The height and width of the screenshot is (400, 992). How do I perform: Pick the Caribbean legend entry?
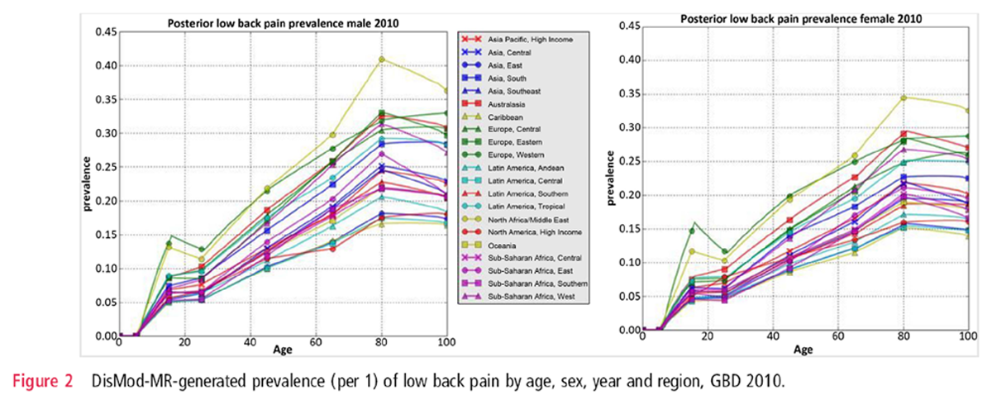(521, 117)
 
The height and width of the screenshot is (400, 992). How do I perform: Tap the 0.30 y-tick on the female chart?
(628, 128)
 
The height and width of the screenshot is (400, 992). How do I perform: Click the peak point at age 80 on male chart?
(381, 60)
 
